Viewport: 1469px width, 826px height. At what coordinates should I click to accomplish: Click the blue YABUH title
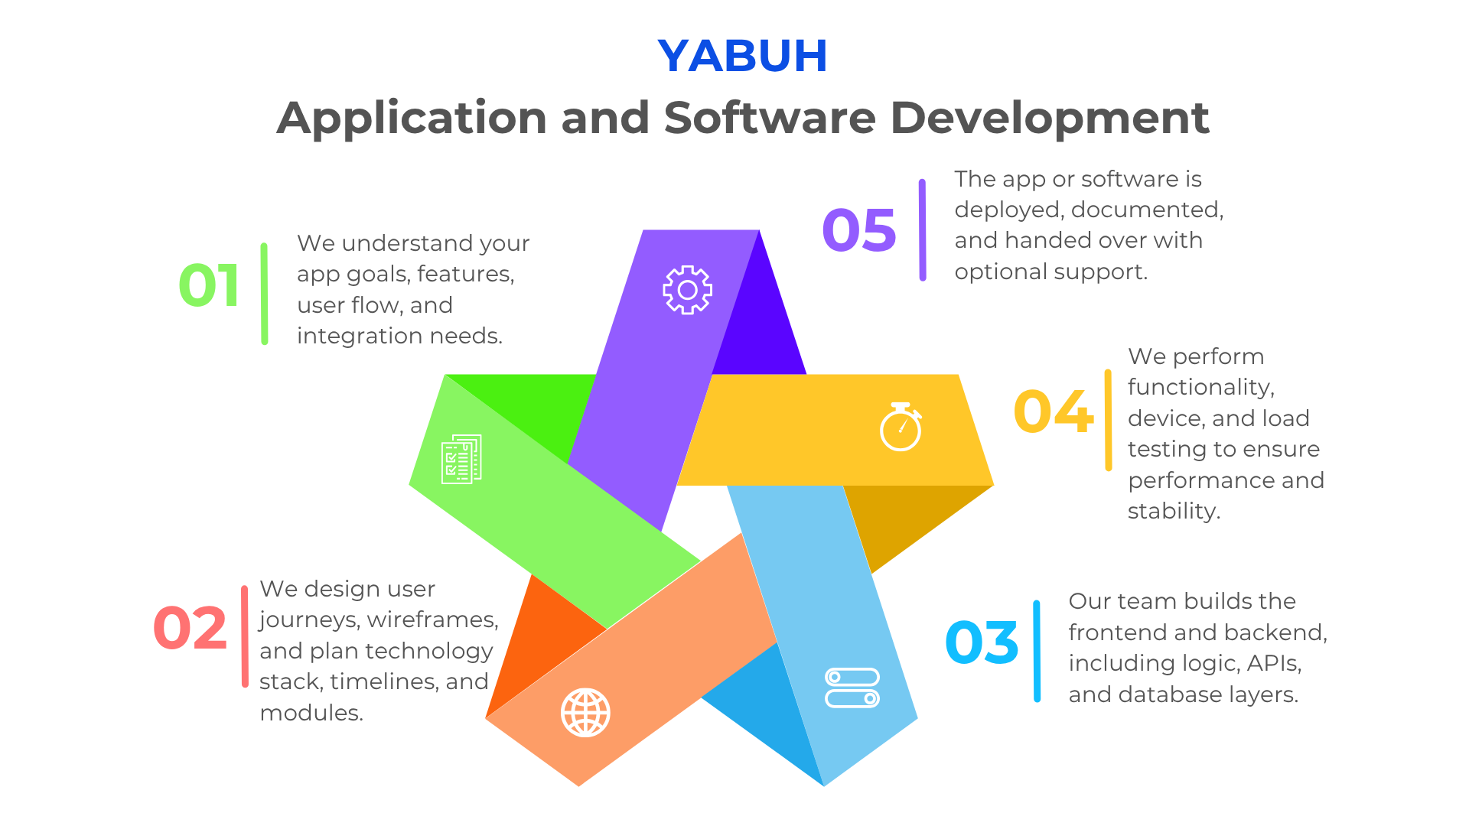(742, 56)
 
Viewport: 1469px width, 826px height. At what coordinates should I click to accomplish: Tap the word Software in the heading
(770, 118)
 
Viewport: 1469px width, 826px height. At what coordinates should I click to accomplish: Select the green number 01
(209, 286)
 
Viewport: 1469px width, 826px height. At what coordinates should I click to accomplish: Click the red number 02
(191, 629)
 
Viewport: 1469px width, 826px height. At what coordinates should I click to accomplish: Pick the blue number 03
(982, 642)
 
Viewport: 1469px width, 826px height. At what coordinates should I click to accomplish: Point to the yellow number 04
(1053, 411)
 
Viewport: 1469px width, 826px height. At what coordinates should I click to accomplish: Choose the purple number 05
(859, 230)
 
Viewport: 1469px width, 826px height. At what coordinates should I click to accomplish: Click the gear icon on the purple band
(687, 290)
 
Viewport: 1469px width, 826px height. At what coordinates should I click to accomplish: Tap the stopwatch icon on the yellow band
(901, 427)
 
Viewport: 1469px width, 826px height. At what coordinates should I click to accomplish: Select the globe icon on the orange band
(585, 713)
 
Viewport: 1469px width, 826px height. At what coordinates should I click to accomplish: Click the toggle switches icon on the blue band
(852, 688)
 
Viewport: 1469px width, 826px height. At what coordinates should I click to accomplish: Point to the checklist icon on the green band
(461, 459)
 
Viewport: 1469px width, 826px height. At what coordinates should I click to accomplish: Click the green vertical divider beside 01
(264, 294)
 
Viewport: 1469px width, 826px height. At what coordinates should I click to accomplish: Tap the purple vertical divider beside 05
(922, 230)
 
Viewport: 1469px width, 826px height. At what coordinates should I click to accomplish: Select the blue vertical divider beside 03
(1037, 651)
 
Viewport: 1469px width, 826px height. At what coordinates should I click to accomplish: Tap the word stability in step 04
(1174, 511)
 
